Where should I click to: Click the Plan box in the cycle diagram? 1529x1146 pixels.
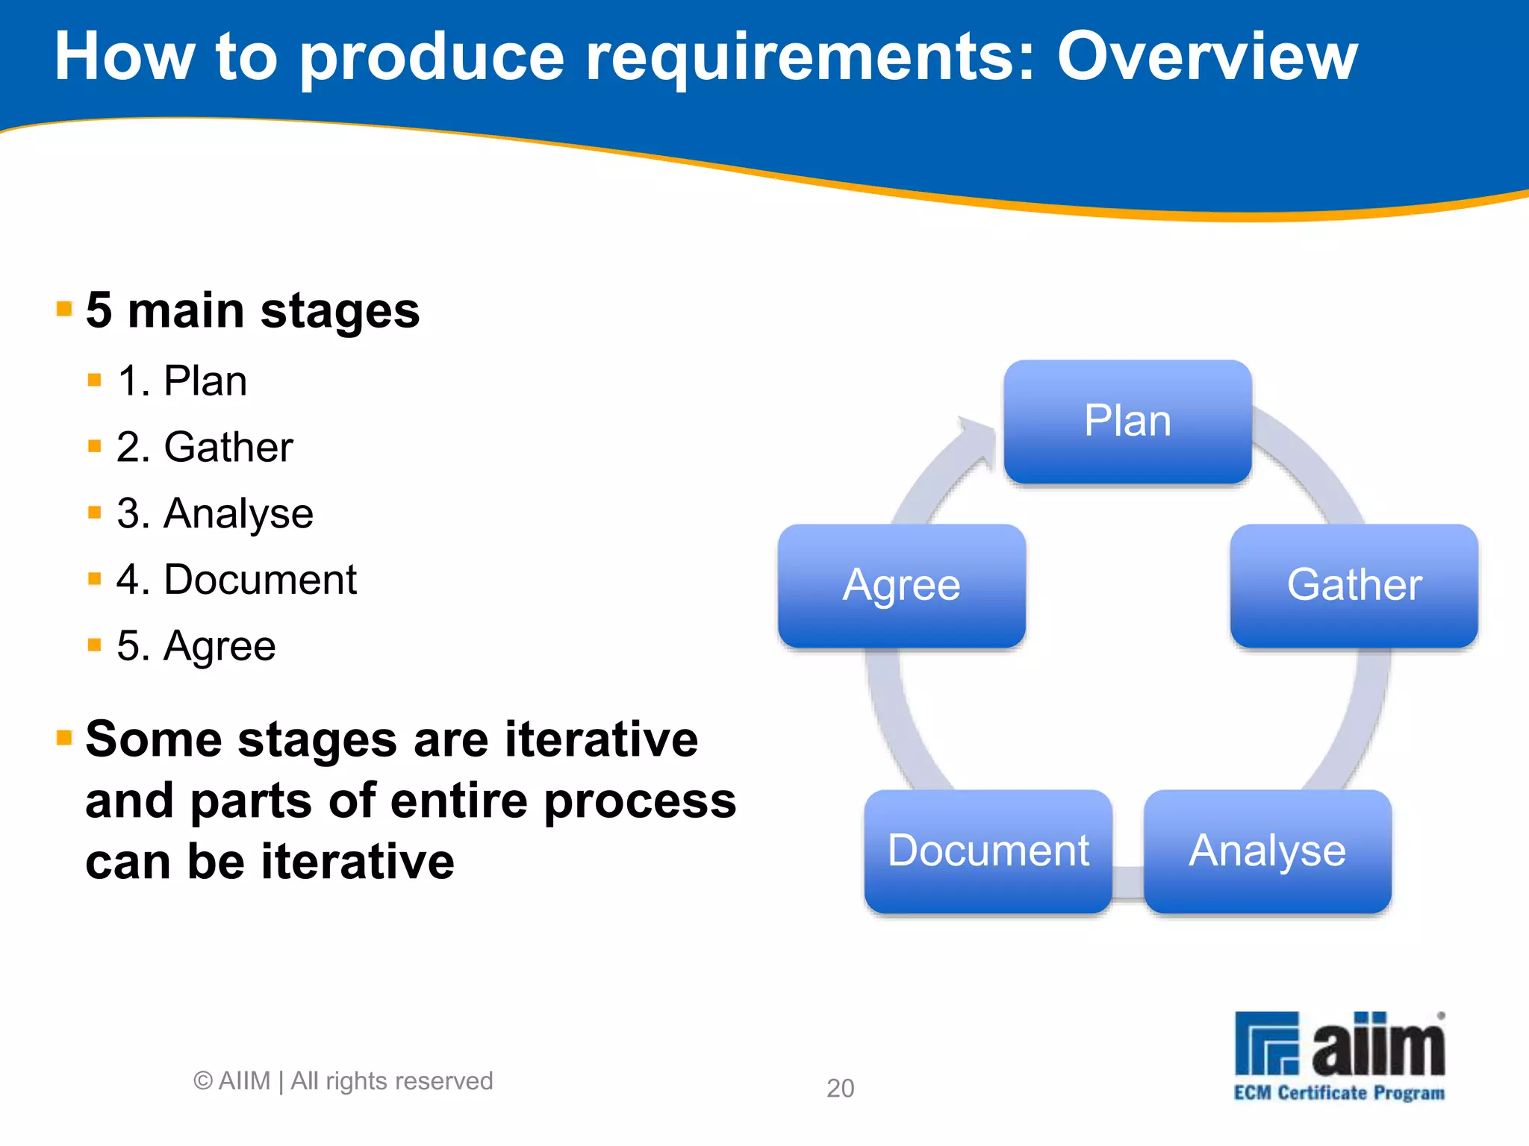(x=1127, y=422)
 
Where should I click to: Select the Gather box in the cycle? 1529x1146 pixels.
(x=1354, y=586)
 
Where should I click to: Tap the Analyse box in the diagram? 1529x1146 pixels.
(x=1267, y=851)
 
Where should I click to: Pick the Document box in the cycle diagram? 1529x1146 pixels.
(x=988, y=851)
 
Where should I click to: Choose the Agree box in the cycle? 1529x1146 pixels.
(x=901, y=586)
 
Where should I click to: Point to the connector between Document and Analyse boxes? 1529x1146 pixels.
(x=1128, y=880)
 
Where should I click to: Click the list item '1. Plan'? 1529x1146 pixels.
(x=182, y=381)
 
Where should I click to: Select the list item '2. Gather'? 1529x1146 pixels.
(x=205, y=448)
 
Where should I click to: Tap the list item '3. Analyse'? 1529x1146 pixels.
(x=215, y=514)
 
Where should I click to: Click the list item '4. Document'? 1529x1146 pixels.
(x=236, y=580)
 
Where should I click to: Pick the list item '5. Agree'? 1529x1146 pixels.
(x=196, y=646)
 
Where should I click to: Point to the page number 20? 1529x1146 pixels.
(x=840, y=1089)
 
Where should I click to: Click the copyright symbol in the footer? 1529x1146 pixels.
(x=203, y=1081)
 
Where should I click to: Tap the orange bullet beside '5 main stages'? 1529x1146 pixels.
(x=64, y=308)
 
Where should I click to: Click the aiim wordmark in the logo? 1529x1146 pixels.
(x=1378, y=1045)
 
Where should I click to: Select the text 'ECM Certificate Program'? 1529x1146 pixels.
(x=1339, y=1093)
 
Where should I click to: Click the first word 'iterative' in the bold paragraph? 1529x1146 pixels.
(x=601, y=739)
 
